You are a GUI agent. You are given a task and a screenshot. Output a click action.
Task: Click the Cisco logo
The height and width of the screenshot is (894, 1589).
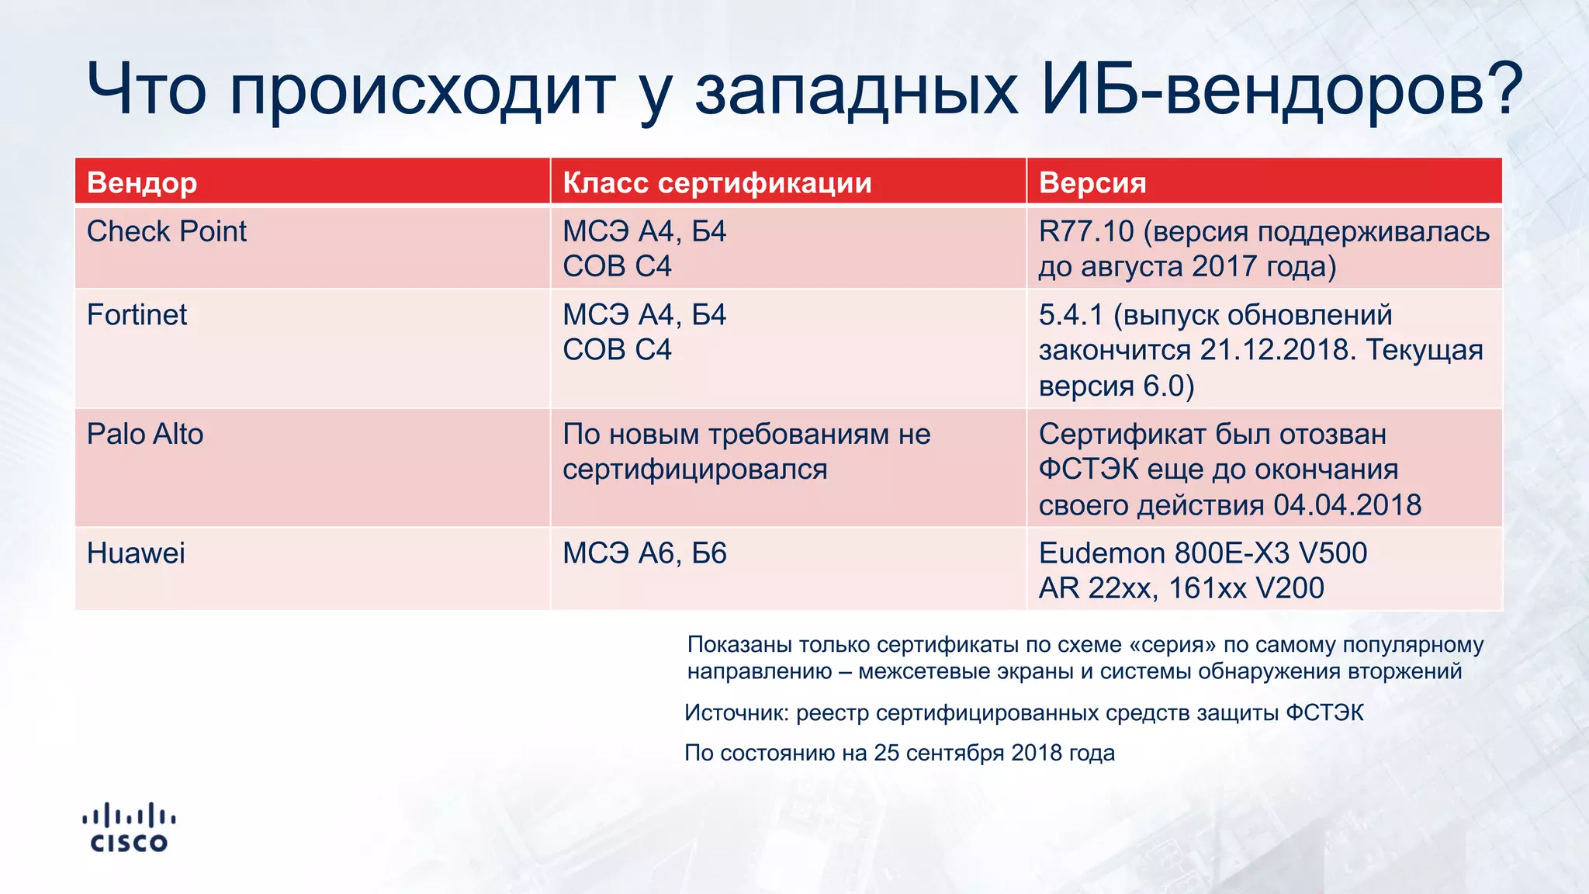point(129,827)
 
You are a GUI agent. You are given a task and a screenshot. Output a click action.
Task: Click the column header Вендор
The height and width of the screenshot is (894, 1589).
point(142,182)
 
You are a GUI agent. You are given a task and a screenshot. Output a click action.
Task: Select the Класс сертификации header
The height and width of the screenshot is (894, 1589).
point(717,182)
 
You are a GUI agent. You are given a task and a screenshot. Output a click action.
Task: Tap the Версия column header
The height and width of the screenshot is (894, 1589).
point(1092,182)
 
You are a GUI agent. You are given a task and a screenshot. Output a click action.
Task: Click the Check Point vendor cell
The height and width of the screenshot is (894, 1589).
point(167,231)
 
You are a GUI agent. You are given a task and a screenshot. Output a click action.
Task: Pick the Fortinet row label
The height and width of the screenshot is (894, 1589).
point(137,315)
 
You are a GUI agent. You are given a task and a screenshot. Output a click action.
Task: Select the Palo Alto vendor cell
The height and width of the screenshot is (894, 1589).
point(145,434)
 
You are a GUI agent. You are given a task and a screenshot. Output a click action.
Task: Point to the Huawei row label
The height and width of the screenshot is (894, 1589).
point(136,553)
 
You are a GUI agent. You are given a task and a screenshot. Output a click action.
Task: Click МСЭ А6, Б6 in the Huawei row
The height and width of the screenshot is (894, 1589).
point(644,553)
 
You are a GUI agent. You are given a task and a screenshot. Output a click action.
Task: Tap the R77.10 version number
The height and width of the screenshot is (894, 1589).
point(1085,231)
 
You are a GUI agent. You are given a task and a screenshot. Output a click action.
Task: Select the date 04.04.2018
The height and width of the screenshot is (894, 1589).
point(1347,505)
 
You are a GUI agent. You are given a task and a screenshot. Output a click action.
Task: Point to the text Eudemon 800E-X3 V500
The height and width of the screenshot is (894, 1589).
point(1203,553)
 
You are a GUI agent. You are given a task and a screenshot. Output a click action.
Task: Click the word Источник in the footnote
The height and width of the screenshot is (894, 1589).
point(736,712)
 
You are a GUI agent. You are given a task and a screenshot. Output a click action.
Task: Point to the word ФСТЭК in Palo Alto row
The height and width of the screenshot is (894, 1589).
point(1089,470)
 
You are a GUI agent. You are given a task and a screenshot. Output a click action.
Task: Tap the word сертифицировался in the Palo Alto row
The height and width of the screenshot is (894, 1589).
point(694,470)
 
